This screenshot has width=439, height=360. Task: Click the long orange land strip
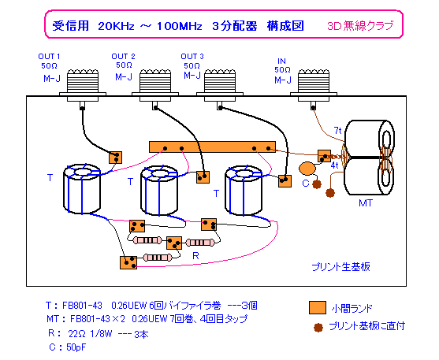point(212,147)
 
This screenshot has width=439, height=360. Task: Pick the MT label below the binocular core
point(366,203)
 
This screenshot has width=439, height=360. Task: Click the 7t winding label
point(337,131)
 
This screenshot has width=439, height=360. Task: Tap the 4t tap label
point(334,165)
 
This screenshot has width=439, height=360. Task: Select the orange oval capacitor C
point(307,169)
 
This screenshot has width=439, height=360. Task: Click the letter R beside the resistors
point(195,255)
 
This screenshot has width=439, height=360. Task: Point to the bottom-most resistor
point(158,258)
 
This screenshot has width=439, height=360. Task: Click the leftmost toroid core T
point(82,189)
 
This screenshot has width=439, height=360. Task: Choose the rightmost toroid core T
point(244,191)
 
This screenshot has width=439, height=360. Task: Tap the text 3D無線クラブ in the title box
point(360,26)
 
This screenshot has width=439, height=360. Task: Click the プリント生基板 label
point(340,266)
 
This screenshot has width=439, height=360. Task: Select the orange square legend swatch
point(318,308)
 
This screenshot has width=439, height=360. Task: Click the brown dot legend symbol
point(318,327)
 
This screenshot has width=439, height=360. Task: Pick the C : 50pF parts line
point(68,347)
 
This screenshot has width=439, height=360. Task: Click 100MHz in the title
point(179,26)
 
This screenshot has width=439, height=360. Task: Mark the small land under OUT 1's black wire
point(115,158)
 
